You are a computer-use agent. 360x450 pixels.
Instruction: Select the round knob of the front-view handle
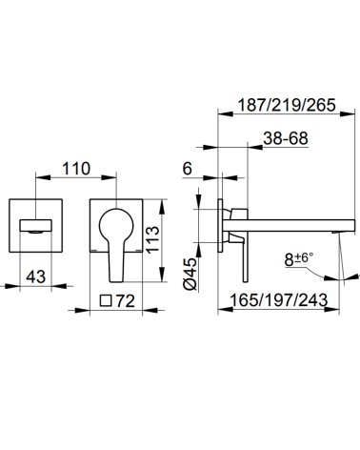click(118, 219)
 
